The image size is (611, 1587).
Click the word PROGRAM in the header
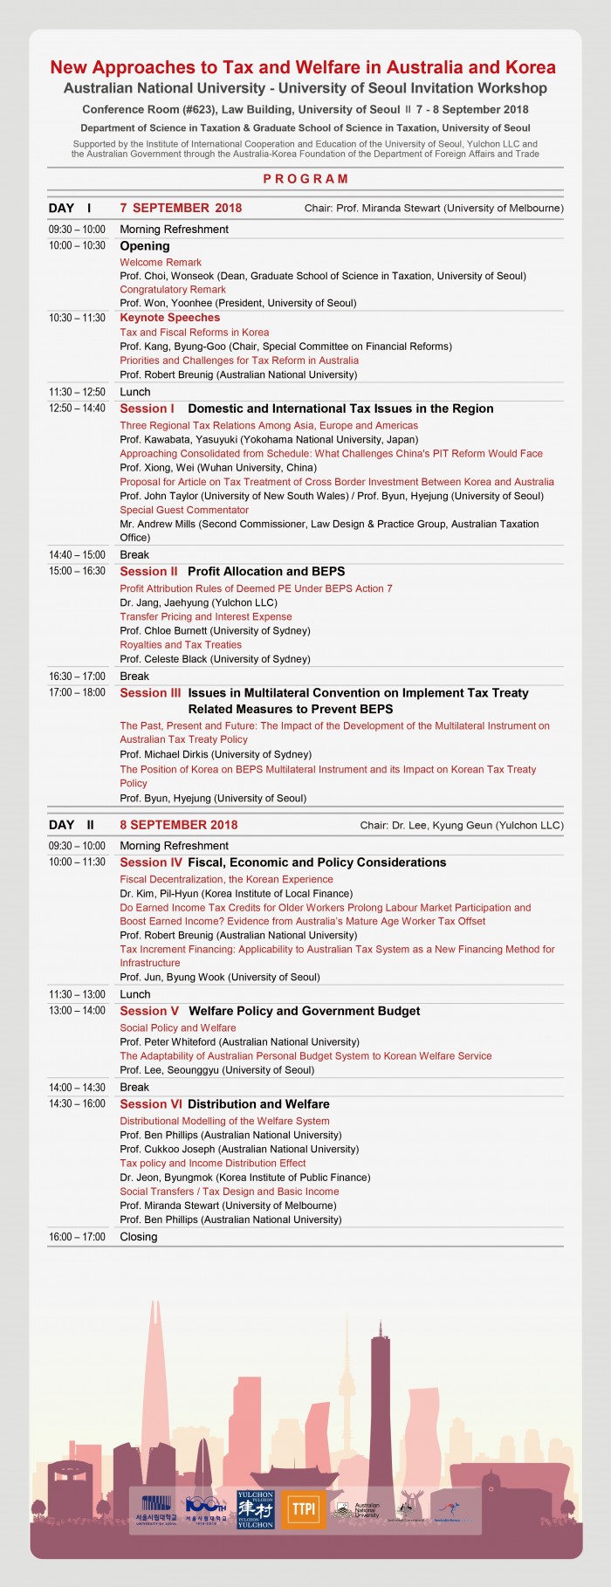(305, 179)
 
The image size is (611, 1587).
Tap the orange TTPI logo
(304, 1509)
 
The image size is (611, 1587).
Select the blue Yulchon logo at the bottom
(256, 1509)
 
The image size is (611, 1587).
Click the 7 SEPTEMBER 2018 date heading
(181, 208)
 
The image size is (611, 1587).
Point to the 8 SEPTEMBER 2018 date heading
(178, 825)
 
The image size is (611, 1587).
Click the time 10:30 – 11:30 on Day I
(77, 318)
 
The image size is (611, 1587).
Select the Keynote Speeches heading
(169, 318)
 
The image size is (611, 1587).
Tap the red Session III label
(150, 693)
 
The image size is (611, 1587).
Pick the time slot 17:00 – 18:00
(77, 693)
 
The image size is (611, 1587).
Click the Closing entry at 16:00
(139, 1237)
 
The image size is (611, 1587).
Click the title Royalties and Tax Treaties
(181, 645)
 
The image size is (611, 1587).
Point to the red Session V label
(149, 1011)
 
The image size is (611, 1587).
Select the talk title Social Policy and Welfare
(178, 1028)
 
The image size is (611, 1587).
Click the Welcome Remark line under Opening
(161, 262)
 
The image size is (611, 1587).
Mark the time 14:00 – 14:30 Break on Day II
(77, 1088)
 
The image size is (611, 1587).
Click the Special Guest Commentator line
(184, 510)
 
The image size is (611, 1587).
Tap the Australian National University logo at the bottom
(356, 1510)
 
